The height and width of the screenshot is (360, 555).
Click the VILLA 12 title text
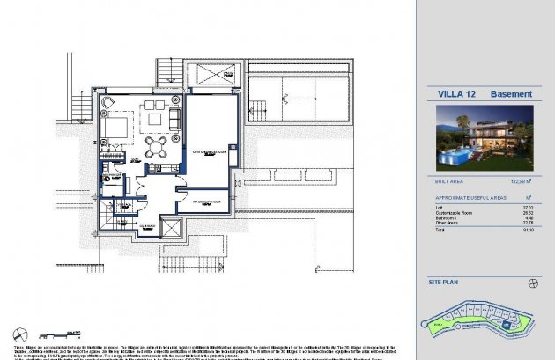tap(455, 94)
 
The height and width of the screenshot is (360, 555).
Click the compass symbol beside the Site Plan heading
tap(533, 283)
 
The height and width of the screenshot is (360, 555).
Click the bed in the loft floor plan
tap(114, 132)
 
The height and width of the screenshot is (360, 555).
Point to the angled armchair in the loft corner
tap(108, 105)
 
